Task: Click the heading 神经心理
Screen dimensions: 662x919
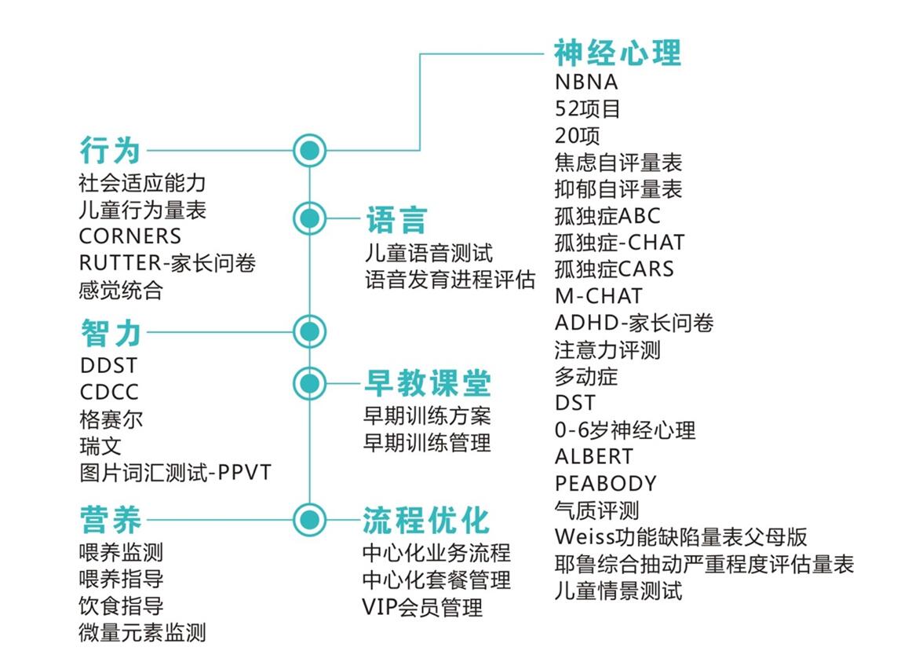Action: (618, 53)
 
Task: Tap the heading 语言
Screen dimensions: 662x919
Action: (396, 221)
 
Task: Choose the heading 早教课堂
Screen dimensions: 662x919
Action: (427, 384)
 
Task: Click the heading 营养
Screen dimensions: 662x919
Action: (111, 520)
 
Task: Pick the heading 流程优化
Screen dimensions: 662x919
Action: (426, 520)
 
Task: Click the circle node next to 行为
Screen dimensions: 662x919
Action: (309, 150)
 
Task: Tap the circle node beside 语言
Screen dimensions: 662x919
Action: (309, 218)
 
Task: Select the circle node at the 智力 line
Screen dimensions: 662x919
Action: (309, 331)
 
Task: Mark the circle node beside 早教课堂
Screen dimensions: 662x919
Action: (309, 383)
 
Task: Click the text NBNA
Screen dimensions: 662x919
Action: (586, 82)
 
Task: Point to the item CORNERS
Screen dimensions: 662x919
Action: (130, 236)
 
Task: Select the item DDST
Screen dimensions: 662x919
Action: (108, 366)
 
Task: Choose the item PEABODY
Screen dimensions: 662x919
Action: (605, 483)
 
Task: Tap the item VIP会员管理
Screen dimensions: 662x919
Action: (422, 607)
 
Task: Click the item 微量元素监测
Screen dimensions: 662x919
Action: (142, 633)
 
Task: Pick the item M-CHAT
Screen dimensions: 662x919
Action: (598, 296)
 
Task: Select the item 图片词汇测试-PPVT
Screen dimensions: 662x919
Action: (176, 473)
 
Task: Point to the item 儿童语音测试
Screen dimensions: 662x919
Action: (429, 254)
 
